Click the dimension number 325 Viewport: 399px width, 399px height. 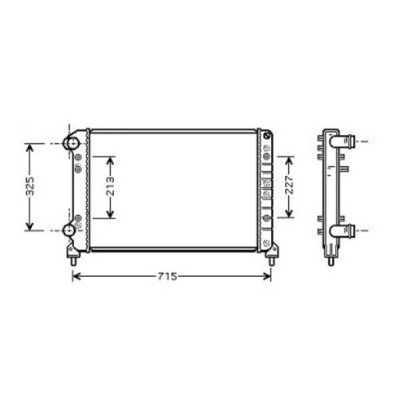tap(30, 188)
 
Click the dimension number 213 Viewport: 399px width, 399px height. tap(111, 187)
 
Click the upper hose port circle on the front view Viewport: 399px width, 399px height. tap(71, 144)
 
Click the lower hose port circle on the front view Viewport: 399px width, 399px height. tap(70, 231)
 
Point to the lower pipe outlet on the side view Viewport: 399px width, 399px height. tap(351, 231)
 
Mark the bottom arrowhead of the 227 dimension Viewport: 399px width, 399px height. tap(290, 216)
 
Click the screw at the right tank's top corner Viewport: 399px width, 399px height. tap(267, 137)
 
